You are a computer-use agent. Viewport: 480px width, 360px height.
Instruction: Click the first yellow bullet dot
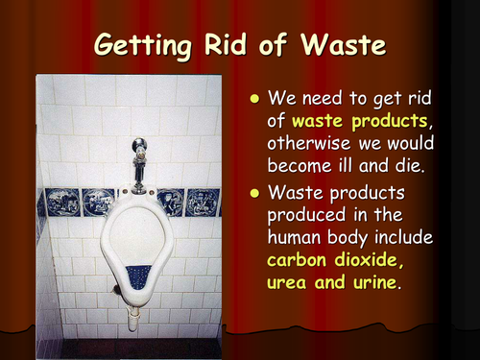point(253,98)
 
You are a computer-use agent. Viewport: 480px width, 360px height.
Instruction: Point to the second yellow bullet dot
point(253,193)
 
